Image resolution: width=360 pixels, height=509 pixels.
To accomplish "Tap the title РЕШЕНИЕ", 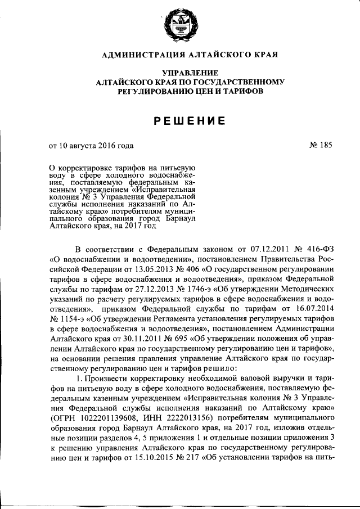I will pyautogui.click(x=179, y=120).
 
